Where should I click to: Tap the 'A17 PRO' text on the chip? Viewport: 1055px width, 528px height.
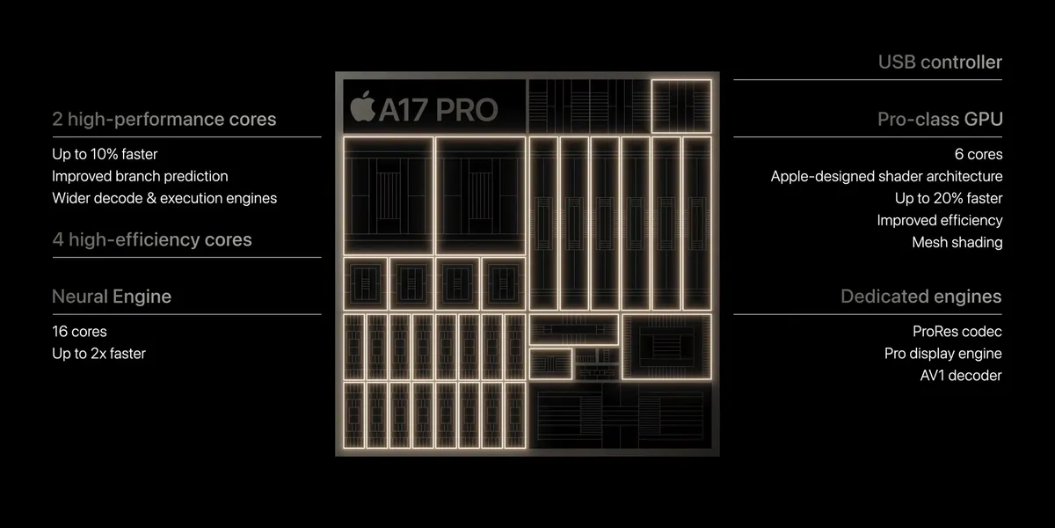click(x=437, y=109)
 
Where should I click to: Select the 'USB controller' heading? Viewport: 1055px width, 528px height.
click(x=940, y=62)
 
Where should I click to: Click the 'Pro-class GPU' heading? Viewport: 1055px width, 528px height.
click(x=940, y=119)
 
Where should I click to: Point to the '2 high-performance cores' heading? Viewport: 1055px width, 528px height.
click(x=164, y=119)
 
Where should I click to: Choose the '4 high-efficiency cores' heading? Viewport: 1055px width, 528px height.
click(x=152, y=239)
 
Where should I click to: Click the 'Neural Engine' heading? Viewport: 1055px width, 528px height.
click(x=112, y=297)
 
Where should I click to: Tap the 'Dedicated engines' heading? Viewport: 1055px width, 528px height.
click(x=920, y=297)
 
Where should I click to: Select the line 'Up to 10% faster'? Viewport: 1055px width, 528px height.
click(x=105, y=154)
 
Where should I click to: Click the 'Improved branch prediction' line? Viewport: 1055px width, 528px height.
click(x=140, y=176)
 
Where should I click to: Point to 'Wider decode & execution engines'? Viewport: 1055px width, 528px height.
click(x=164, y=198)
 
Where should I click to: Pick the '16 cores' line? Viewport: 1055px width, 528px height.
click(x=79, y=332)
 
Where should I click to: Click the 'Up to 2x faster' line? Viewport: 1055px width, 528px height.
click(x=98, y=354)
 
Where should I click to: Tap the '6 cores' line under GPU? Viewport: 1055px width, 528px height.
click(x=979, y=154)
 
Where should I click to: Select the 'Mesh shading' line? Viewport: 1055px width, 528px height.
click(x=957, y=242)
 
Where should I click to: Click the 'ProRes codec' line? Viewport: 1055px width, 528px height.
click(x=957, y=332)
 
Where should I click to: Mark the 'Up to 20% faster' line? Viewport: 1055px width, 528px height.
click(x=949, y=198)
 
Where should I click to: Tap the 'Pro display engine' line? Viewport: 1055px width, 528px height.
click(x=943, y=354)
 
